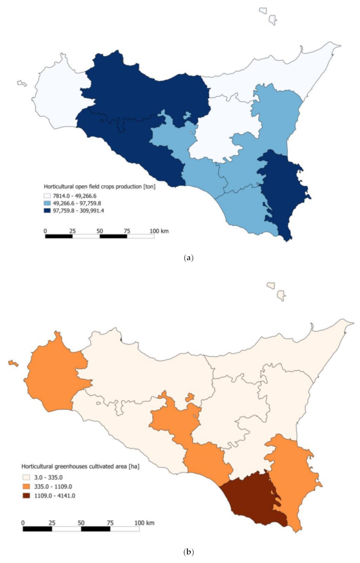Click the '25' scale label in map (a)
click(72, 231)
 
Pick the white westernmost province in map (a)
click(55, 96)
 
